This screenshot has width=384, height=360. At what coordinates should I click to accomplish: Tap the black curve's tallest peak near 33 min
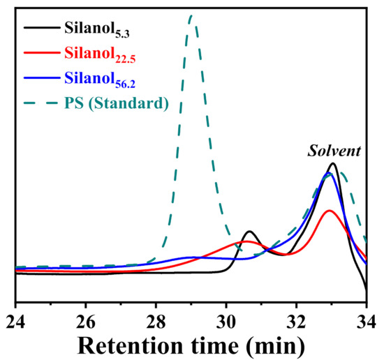point(333,164)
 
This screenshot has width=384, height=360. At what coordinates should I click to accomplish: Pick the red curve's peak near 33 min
point(330,210)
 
